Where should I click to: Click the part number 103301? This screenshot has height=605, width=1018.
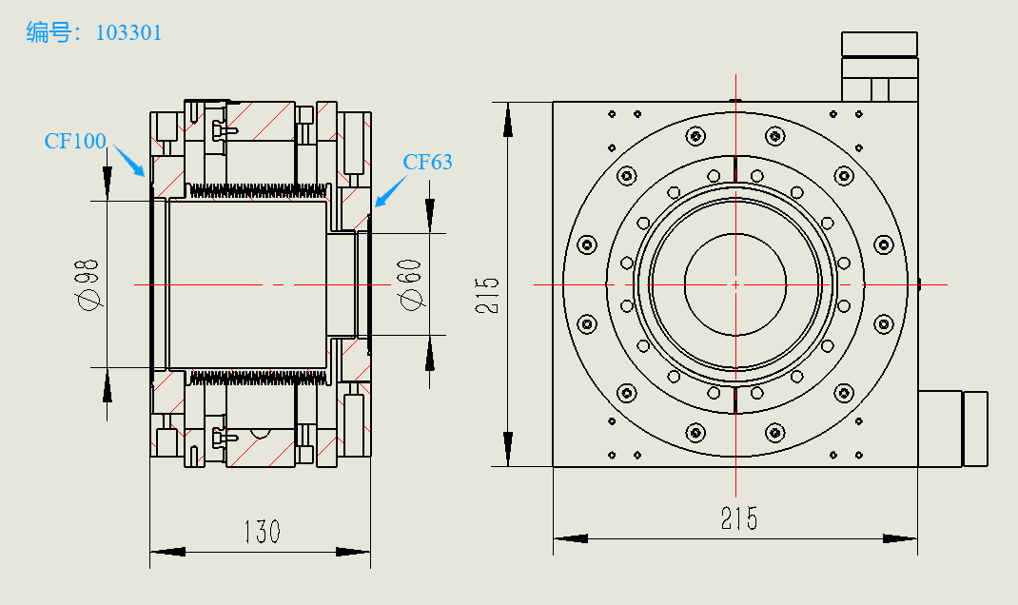point(129,33)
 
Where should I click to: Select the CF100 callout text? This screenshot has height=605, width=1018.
point(75,142)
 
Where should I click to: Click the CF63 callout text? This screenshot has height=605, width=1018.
point(427,162)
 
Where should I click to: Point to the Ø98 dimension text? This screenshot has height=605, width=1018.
point(90,286)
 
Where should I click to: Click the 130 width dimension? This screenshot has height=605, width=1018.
point(262,531)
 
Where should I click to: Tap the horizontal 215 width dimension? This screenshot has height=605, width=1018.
point(738,518)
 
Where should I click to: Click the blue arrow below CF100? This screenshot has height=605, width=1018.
point(129,163)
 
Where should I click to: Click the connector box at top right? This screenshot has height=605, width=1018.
point(879,67)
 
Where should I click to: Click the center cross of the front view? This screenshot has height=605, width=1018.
point(735,283)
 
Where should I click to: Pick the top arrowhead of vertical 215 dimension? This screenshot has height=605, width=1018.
point(508,120)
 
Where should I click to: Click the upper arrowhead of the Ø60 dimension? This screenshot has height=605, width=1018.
point(430,215)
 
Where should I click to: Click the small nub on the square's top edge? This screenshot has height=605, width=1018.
point(734,99)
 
